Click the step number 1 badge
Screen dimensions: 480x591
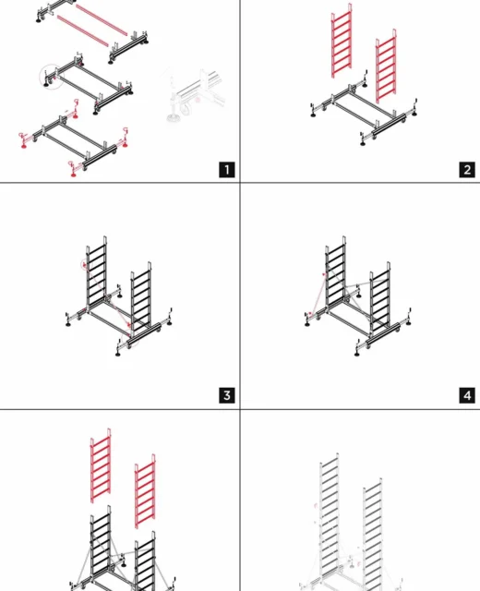227,170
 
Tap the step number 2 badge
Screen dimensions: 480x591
467,170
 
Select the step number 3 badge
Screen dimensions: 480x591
227,395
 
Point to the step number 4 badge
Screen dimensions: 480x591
467,395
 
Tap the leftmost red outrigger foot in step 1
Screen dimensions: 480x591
24,140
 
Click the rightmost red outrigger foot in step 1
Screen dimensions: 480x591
126,138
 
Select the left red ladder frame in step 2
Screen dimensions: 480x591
342,41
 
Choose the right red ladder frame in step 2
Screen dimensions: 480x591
386,66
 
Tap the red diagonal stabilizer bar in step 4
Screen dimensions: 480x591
318,294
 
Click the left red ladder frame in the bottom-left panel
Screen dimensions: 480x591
101,465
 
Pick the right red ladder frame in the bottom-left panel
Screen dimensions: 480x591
145,491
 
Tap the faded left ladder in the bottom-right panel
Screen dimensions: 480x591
330,520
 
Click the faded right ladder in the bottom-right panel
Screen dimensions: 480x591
373,535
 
